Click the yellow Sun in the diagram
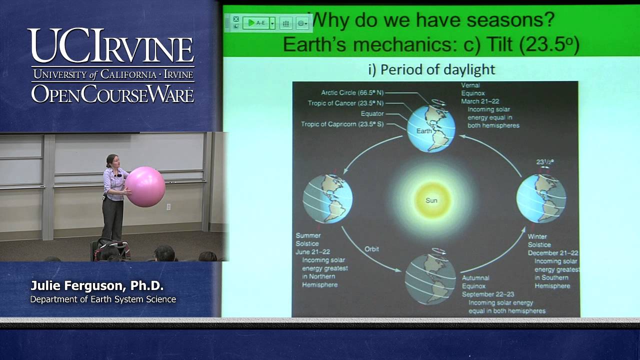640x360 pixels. tap(431, 200)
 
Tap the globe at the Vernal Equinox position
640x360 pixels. tap(431, 128)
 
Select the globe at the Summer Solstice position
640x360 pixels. tap(327, 198)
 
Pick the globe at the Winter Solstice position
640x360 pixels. tap(541, 198)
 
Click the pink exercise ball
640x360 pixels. tap(145, 186)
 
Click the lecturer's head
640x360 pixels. tap(111, 160)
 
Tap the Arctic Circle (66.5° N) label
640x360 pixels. tap(352, 93)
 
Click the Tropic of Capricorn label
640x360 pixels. tap(342, 124)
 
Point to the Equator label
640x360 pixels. tap(372, 114)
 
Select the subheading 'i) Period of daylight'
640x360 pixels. tap(431, 69)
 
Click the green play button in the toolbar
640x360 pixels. tap(251, 23)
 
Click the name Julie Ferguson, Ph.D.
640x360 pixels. tap(97, 286)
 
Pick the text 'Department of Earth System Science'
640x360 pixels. tap(103, 299)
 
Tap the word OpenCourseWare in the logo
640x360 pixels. tap(112, 94)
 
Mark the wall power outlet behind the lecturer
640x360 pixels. tap(168, 206)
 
